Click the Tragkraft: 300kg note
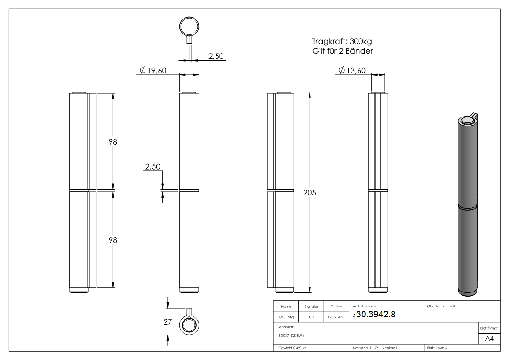(343, 41)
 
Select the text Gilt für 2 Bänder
(343, 51)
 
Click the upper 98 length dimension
(113, 141)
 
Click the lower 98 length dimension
(113, 240)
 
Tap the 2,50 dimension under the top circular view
(215, 56)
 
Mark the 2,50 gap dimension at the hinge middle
(152, 167)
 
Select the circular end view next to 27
(189, 325)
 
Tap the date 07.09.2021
(336, 317)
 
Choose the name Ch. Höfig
(286, 317)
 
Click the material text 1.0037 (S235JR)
(291, 335)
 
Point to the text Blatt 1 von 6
(437, 348)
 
